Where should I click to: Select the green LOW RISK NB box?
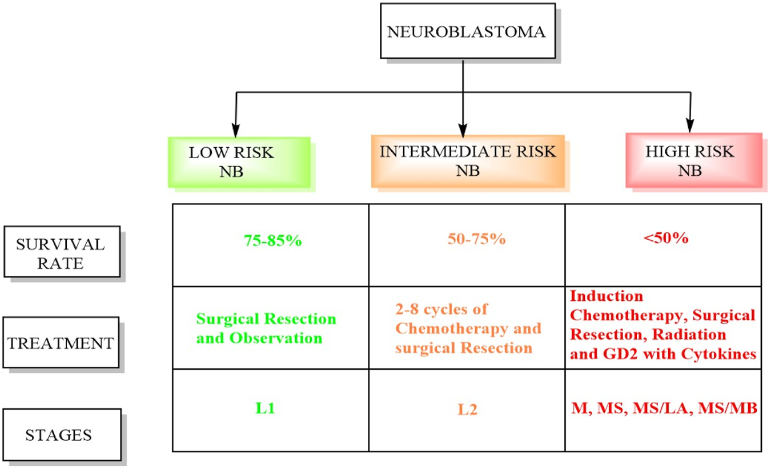(239, 162)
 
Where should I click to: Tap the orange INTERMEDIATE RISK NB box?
(468, 162)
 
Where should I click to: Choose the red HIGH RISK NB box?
(693, 162)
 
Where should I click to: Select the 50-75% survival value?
(476, 239)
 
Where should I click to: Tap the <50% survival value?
(665, 238)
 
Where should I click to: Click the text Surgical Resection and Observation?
(266, 328)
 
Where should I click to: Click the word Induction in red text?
(606, 297)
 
